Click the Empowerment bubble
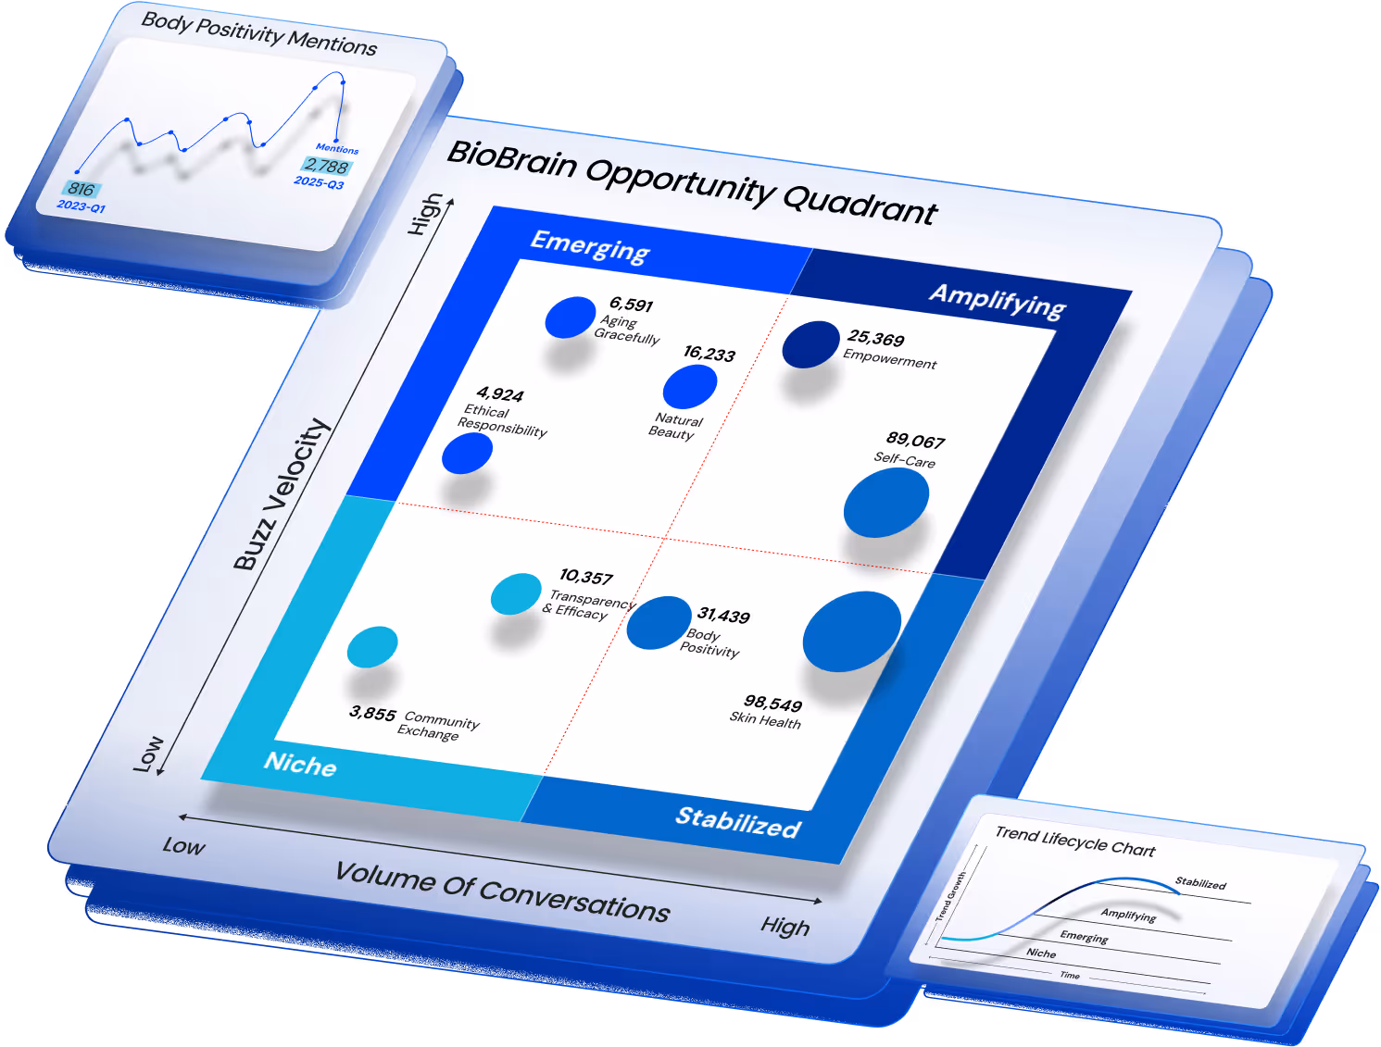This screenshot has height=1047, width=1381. coord(810,344)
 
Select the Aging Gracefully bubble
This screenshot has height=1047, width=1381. coord(570,318)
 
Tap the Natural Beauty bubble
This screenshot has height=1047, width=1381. coord(690,387)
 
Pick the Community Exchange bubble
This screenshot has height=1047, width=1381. coord(372,646)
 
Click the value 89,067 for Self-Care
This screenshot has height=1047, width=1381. coord(915,441)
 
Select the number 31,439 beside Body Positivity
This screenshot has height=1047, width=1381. coord(723,616)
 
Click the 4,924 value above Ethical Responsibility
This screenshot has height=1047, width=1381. coord(500,394)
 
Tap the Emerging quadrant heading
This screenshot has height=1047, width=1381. coord(590,246)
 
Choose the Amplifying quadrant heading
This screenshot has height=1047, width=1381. coord(998,301)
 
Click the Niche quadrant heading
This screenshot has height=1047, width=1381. coord(300,764)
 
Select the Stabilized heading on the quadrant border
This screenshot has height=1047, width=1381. coord(738,821)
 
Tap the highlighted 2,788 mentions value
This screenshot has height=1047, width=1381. coord(326,167)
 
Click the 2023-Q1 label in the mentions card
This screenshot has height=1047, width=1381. coord(82,206)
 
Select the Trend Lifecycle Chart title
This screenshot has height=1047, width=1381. coord(1075,841)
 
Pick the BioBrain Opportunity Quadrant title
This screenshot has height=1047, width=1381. coord(692,183)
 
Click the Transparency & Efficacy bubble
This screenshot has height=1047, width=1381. coord(516,594)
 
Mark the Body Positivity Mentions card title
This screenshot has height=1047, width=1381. coord(259,34)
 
